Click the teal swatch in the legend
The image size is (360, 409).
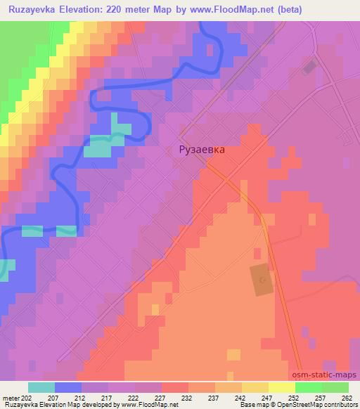[x=41, y=387]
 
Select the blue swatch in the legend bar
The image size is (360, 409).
[x=68, y=387]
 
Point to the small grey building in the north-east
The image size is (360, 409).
[x=309, y=67]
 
